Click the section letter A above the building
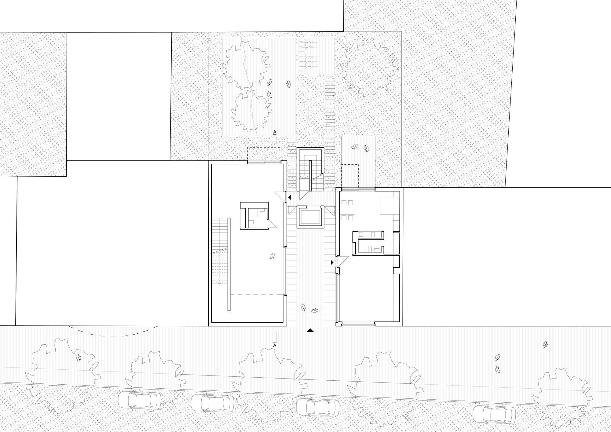[275, 132]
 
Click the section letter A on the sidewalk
[275, 345]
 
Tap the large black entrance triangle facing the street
[310, 330]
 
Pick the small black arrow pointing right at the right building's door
[332, 262]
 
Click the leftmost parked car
[140, 400]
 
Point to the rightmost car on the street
[494, 414]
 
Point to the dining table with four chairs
[349, 210]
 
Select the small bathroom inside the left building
[258, 218]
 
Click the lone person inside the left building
[273, 256]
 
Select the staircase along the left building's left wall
[220, 251]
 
